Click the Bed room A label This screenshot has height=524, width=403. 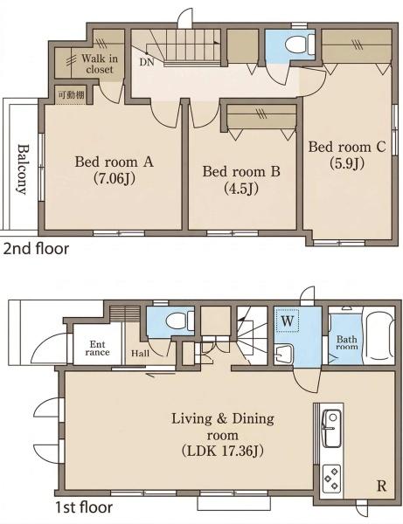pyautogui.click(x=114, y=162)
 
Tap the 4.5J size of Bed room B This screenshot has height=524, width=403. pyautogui.click(x=240, y=189)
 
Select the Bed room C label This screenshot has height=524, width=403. pyautogui.click(x=347, y=147)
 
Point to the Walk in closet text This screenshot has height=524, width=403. pyautogui.click(x=100, y=64)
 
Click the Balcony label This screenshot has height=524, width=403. pyautogui.click(x=23, y=169)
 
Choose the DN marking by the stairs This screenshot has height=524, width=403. pyautogui.click(x=147, y=63)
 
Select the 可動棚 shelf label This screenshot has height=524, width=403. pyautogui.click(x=72, y=94)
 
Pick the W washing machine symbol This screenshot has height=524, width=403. pyautogui.click(x=287, y=321)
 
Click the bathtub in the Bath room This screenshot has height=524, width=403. pyautogui.click(x=379, y=338)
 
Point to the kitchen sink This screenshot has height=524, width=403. pyautogui.click(x=331, y=429)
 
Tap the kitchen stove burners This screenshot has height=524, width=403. pyautogui.click(x=332, y=478)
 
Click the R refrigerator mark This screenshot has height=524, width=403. pyautogui.click(x=382, y=486)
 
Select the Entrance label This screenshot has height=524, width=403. pyautogui.click(x=97, y=348)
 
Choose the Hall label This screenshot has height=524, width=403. pyautogui.click(x=140, y=353)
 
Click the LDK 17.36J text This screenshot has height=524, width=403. pyautogui.click(x=222, y=452)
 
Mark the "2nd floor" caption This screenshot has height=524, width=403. pyautogui.click(x=36, y=249)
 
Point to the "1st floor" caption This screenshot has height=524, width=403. pyautogui.click(x=84, y=507)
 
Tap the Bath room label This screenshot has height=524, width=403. pyautogui.click(x=347, y=343)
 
